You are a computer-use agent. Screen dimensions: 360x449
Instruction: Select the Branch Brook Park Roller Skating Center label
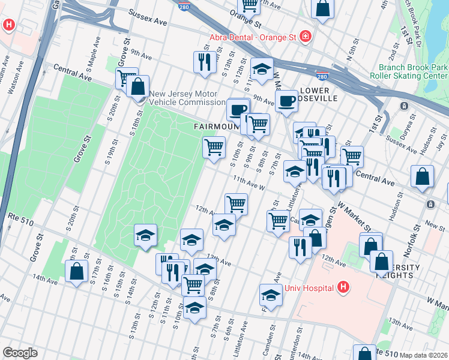point(413,72)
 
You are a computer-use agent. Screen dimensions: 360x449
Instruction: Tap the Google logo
point(20,353)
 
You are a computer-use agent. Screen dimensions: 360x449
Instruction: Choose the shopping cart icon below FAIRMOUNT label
point(214,146)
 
